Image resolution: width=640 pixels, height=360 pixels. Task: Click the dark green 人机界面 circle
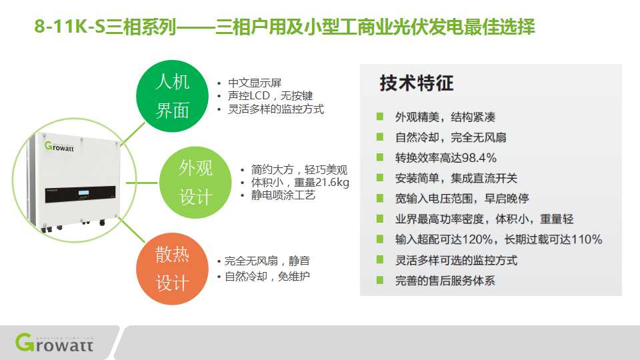pyautogui.click(x=172, y=96)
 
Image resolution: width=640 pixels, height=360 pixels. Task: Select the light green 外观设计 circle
pyautogui.click(x=195, y=183)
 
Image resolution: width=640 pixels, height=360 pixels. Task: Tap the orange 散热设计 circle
pyautogui.click(x=172, y=269)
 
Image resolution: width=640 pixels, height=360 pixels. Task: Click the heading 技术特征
pyautogui.click(x=416, y=83)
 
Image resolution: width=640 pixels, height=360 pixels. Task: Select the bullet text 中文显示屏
pyautogui.click(x=255, y=83)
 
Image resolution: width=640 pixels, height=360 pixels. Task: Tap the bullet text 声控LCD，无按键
pyautogui.click(x=270, y=96)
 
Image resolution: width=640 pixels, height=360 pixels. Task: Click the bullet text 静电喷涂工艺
pyautogui.click(x=283, y=195)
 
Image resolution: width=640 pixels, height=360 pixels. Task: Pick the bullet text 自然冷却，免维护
pyautogui.click(x=267, y=276)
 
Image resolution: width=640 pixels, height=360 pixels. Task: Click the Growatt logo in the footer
pyautogui.click(x=54, y=342)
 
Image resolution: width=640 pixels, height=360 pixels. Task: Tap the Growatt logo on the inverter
pyautogui.click(x=59, y=147)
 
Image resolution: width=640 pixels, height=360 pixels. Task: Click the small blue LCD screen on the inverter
pyautogui.click(x=84, y=193)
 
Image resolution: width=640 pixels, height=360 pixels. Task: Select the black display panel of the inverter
pyautogui.click(x=80, y=195)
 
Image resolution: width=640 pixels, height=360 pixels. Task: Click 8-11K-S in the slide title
pyautogui.click(x=69, y=27)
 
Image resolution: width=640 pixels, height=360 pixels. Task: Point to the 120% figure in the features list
pyautogui.click(x=477, y=239)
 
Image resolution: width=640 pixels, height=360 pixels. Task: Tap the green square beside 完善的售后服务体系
pyautogui.click(x=379, y=280)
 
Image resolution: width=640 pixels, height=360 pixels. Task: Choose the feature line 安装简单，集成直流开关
pyautogui.click(x=456, y=179)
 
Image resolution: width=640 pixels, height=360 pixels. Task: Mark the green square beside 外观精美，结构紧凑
pyautogui.click(x=379, y=117)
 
